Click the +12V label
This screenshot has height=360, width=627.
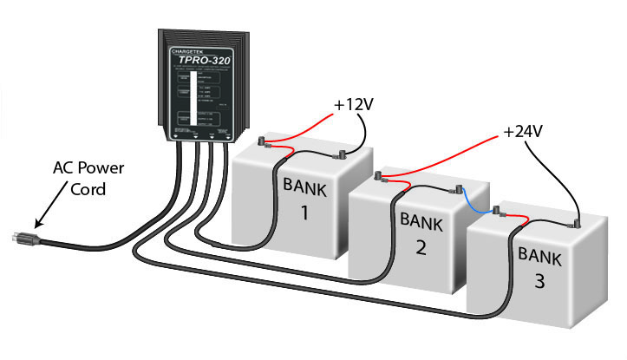coord(354,106)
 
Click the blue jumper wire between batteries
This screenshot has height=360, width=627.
coord(474,201)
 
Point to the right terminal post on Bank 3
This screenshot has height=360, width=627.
coord(576,222)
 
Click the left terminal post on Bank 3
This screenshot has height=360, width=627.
coord(496,210)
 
